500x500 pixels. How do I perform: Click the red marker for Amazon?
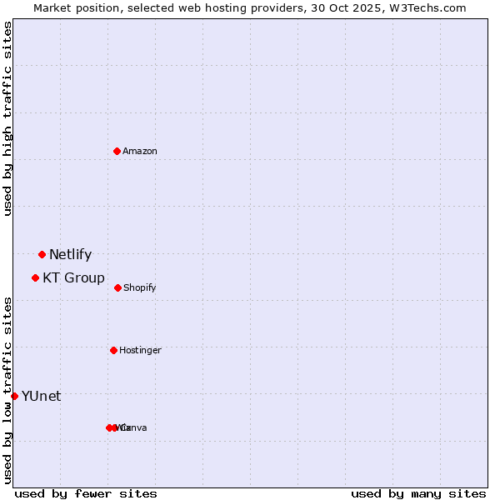[117, 151]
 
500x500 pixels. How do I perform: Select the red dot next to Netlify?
[42, 254]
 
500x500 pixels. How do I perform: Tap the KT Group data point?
[35, 277]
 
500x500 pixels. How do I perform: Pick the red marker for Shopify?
[117, 287]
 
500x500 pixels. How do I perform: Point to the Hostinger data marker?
[113, 350]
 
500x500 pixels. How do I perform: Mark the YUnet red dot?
[15, 396]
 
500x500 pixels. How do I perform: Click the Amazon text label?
[140, 151]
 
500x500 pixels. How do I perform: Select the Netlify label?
[70, 255]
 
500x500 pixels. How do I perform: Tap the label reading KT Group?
[73, 278]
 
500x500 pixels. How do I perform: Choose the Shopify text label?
[140, 288]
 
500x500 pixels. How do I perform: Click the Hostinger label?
[140, 351]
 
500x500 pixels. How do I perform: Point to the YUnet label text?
[41, 397]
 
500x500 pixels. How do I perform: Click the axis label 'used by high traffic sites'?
[8, 119]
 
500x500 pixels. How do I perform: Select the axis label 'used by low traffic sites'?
[8, 390]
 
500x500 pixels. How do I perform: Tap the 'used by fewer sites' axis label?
[86, 494]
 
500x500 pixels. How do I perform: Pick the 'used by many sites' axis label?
[417, 494]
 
